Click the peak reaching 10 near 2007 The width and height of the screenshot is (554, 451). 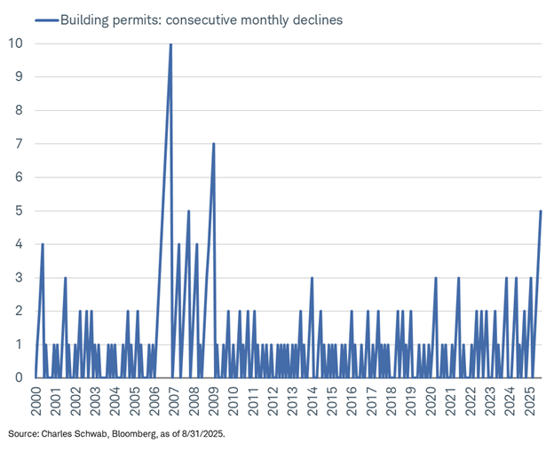tap(170, 44)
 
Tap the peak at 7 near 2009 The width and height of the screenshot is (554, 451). tap(214, 144)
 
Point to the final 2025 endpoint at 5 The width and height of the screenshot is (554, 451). tap(541, 210)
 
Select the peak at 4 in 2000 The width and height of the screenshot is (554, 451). tap(43, 244)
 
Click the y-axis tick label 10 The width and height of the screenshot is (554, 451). tap(15, 44)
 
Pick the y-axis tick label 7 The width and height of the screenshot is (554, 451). tap(19, 144)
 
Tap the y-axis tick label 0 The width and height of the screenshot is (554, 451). tap(19, 377)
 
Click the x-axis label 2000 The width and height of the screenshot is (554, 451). tap(35, 404)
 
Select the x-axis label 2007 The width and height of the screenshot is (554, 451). tap(171, 404)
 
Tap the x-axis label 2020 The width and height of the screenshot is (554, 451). tap(431, 404)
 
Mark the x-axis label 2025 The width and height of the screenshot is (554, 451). tap(528, 404)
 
